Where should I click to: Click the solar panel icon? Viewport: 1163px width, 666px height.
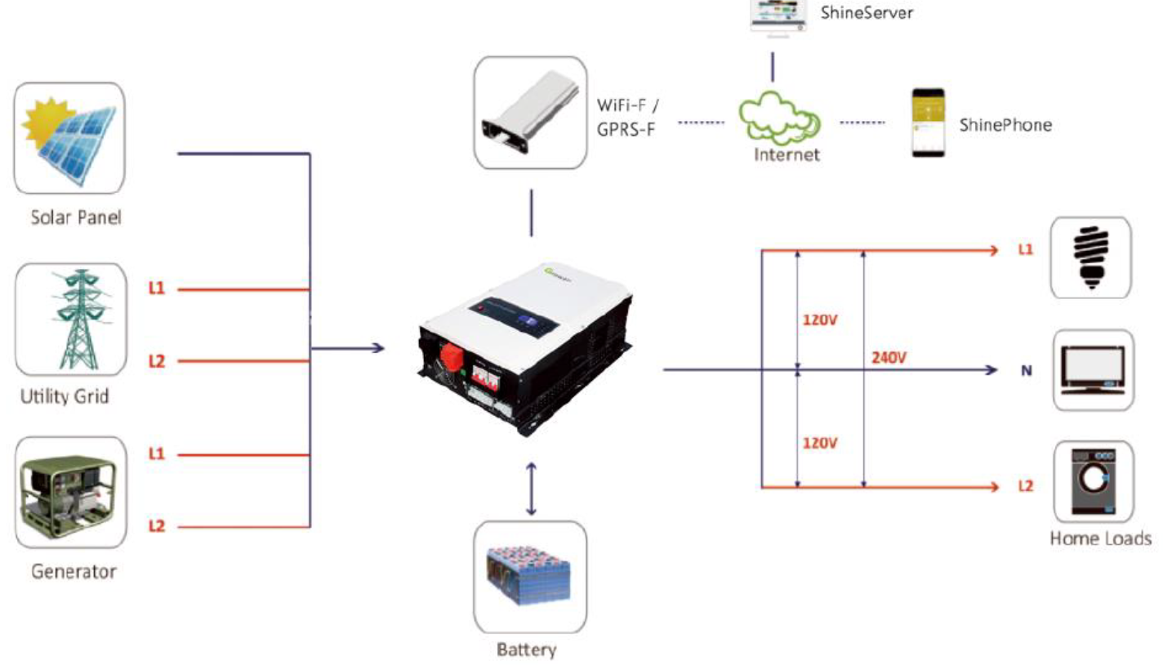click(69, 139)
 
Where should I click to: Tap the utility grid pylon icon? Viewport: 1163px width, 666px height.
click(81, 319)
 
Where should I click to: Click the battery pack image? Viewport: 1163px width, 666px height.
click(528, 575)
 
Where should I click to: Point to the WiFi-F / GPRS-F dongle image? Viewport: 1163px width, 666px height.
click(530, 112)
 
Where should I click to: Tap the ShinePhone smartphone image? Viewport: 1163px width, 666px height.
click(929, 123)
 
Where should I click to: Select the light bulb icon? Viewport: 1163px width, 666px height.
click(1091, 257)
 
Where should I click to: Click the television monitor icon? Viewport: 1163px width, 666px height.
click(1093, 370)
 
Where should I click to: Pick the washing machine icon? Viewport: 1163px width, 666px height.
click(1094, 481)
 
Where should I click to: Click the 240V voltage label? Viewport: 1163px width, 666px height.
click(889, 357)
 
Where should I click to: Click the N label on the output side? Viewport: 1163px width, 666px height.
click(1027, 370)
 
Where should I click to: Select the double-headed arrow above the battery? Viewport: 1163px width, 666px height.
click(531, 489)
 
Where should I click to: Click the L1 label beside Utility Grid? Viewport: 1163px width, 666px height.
click(156, 288)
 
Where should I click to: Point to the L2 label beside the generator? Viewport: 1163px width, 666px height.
click(156, 525)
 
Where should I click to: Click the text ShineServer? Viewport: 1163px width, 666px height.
click(867, 12)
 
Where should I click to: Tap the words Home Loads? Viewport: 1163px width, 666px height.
click(1101, 539)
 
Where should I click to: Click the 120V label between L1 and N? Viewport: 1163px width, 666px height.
click(820, 320)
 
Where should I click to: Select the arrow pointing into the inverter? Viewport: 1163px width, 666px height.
click(348, 348)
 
